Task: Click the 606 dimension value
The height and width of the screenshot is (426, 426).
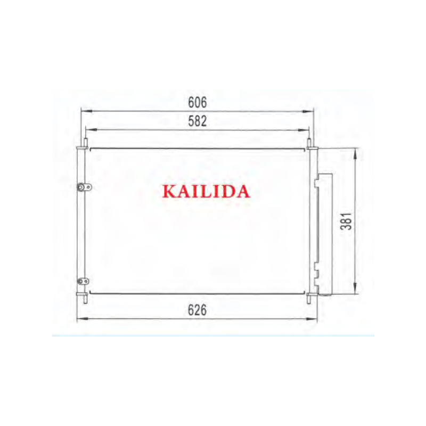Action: click(198, 102)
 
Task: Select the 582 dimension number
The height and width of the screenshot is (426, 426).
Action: click(198, 121)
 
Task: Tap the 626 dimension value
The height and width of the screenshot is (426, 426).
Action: click(198, 310)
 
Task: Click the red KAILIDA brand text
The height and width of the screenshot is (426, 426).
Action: click(206, 191)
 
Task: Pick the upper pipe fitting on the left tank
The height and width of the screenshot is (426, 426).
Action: click(85, 187)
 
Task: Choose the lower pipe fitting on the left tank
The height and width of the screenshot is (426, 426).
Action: click(83, 281)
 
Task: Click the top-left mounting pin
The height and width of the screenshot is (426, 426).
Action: click(85, 143)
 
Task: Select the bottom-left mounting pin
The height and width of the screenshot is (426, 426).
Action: click(85, 298)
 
